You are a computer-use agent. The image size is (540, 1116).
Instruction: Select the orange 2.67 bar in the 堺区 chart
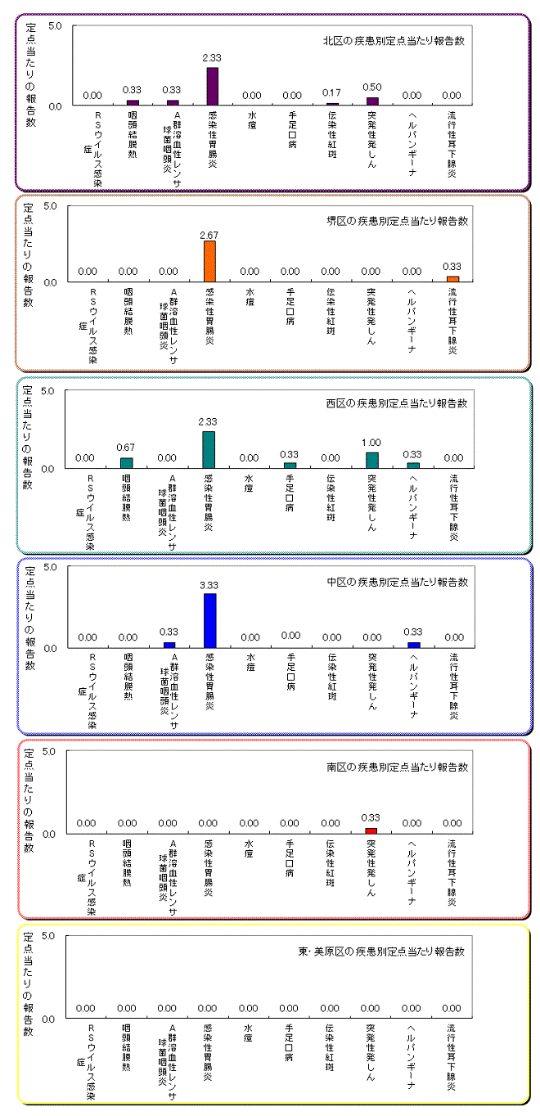[x=209, y=261]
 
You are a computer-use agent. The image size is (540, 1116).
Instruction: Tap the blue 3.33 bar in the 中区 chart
[x=209, y=620]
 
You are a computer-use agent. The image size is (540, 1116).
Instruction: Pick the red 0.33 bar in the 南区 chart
[x=371, y=830]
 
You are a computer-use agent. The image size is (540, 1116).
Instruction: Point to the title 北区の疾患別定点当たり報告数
[x=394, y=41]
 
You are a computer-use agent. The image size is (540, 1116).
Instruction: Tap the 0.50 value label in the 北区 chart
[x=372, y=88]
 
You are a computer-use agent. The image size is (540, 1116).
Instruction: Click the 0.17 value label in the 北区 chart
[x=332, y=93]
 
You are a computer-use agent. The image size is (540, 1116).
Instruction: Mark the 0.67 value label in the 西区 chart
[x=126, y=447]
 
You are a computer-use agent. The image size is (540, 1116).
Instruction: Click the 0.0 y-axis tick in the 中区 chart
[x=48, y=648]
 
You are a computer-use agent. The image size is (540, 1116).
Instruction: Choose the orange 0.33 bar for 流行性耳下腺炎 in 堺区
[x=452, y=279]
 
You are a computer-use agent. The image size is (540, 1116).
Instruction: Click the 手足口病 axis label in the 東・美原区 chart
[x=290, y=1037]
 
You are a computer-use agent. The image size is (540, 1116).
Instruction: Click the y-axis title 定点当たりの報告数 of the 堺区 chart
[x=29, y=254]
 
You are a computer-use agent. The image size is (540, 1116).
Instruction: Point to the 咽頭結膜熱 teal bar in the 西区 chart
[x=127, y=462]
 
